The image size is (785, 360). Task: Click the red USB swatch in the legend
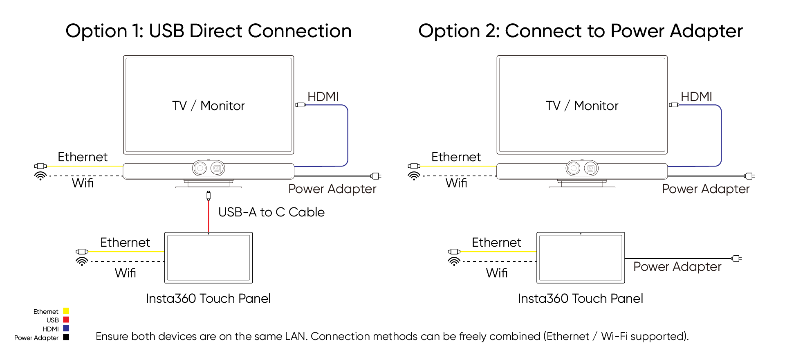[x=66, y=319]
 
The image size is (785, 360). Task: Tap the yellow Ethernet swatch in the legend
[x=66, y=311]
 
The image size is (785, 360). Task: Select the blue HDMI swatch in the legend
[x=66, y=328]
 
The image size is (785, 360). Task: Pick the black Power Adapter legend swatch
[x=66, y=337]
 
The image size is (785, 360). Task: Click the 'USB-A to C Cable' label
[x=271, y=212]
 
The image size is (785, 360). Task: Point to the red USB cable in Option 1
[x=209, y=217]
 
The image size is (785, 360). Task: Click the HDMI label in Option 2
[x=696, y=97]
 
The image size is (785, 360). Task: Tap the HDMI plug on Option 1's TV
[x=301, y=105]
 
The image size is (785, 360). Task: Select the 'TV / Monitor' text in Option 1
[x=208, y=106]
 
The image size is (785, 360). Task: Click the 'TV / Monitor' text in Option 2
[x=582, y=106]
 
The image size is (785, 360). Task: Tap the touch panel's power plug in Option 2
[x=736, y=258]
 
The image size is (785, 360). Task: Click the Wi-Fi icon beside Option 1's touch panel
[x=82, y=261]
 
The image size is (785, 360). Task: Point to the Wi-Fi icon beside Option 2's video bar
[x=414, y=176]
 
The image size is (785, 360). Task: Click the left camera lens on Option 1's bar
[x=200, y=168]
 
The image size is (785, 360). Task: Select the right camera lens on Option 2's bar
[x=590, y=168]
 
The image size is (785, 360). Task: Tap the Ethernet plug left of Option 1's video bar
[x=40, y=166]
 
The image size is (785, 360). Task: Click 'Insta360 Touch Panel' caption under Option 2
[x=580, y=298]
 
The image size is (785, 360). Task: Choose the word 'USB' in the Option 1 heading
[x=166, y=31]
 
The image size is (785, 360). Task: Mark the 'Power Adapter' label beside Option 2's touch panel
[x=677, y=266]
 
